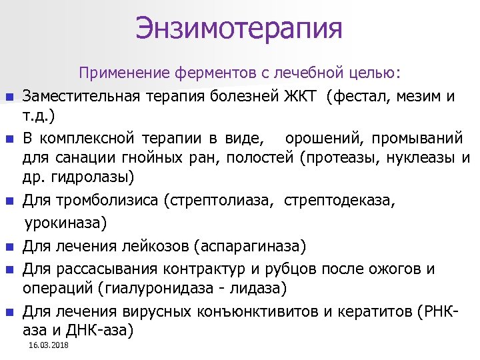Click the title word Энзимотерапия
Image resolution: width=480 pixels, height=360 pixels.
(x=239, y=29)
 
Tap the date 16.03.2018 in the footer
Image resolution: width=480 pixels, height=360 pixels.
(x=49, y=345)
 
